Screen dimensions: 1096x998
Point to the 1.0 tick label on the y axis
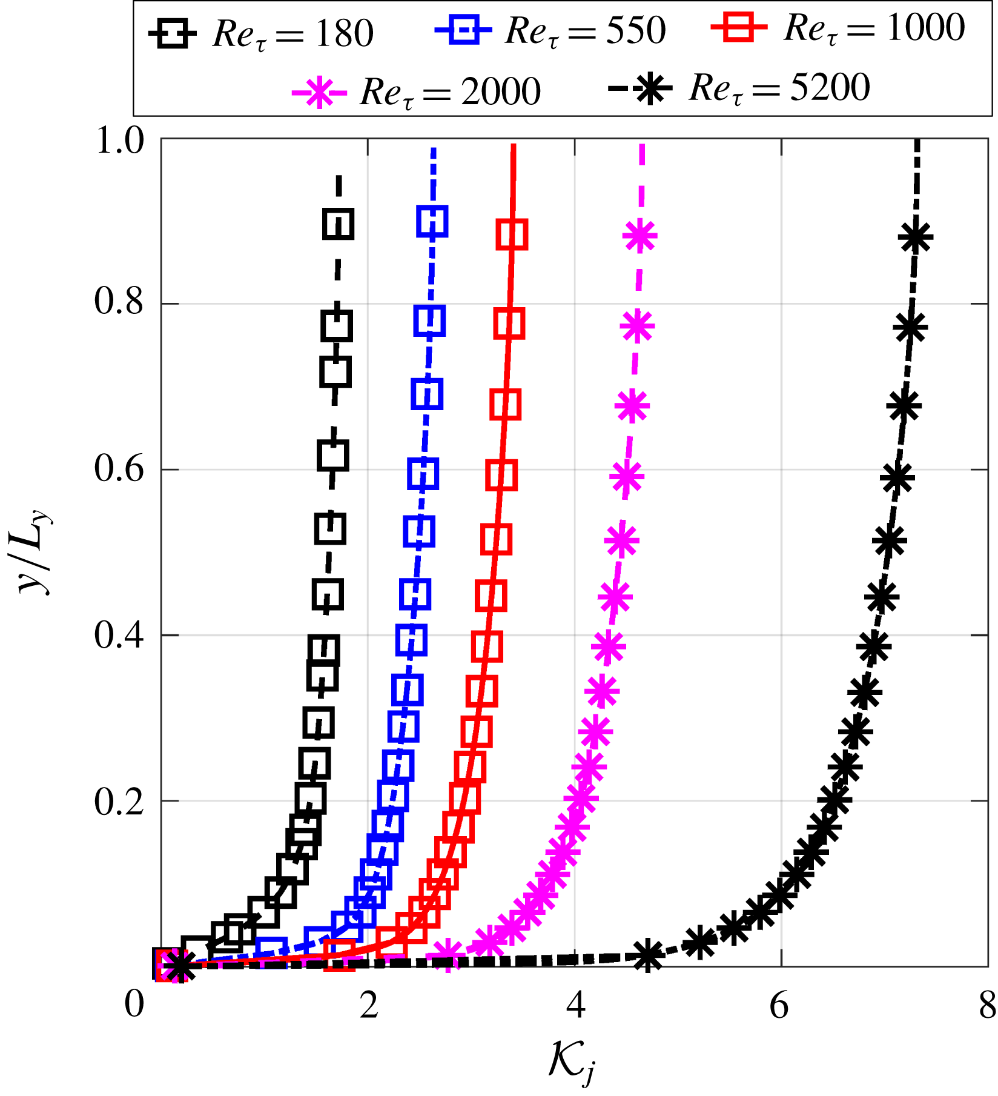pyautogui.click(x=120, y=142)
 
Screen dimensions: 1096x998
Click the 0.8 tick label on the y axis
pyautogui.click(x=120, y=302)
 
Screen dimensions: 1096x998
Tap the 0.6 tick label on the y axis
pyautogui.click(x=120, y=469)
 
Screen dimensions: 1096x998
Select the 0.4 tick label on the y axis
pyautogui.click(x=120, y=636)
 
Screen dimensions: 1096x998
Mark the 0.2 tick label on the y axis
pyautogui.click(x=120, y=802)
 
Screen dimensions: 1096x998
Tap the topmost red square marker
pyautogui.click(x=512, y=234)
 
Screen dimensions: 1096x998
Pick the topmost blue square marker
pyautogui.click(x=432, y=221)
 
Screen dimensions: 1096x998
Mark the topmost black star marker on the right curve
pyautogui.click(x=916, y=237)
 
